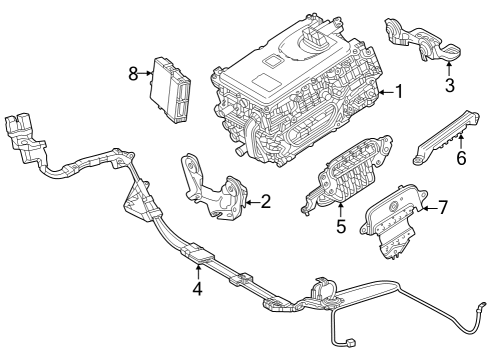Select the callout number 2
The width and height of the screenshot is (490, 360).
pyautogui.click(x=265, y=203)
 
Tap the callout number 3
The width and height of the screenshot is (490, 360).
pyautogui.click(x=450, y=84)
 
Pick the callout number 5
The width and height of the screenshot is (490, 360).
pyautogui.click(x=340, y=226)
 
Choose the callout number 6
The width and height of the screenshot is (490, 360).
pyautogui.click(x=461, y=158)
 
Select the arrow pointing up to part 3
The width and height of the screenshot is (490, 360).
pyautogui.click(x=450, y=68)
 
